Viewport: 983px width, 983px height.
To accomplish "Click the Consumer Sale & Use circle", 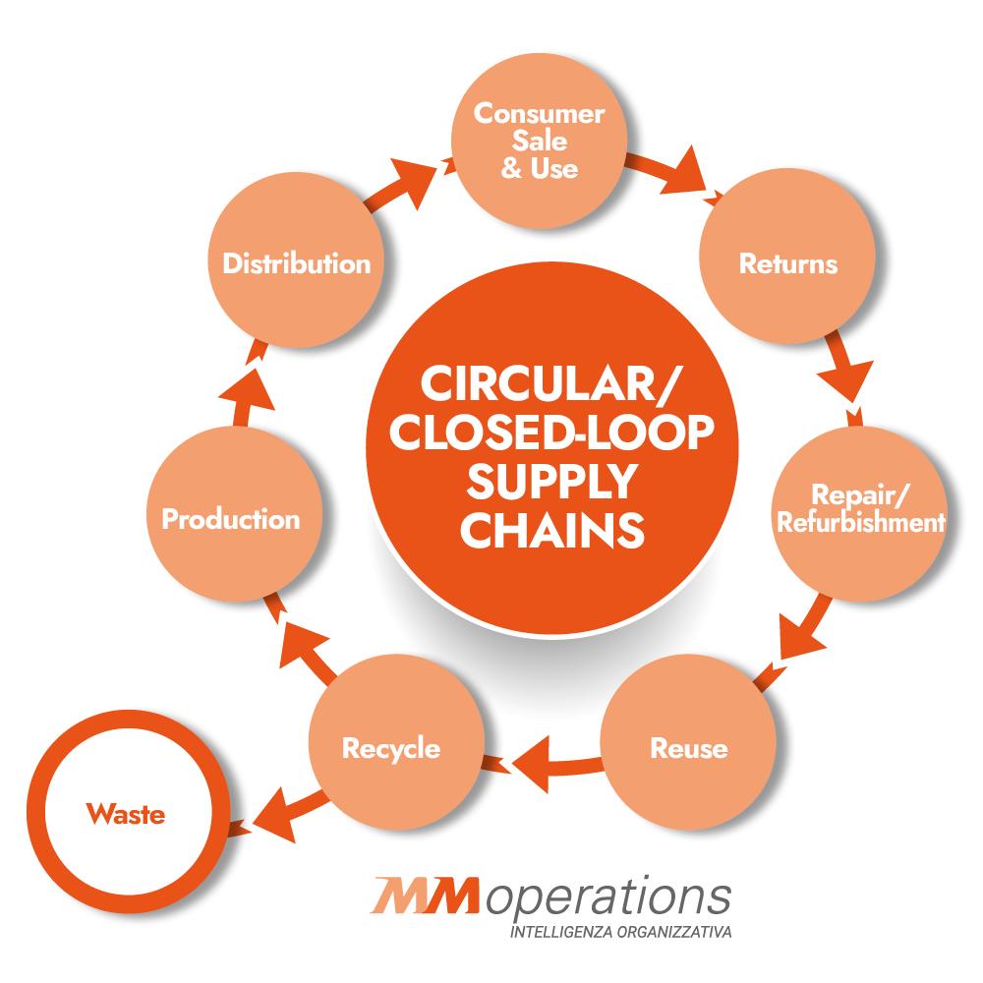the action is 539,140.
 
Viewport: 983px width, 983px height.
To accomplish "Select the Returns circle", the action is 787,256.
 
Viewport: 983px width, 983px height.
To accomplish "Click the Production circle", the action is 233,514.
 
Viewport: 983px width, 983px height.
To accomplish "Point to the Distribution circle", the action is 296,260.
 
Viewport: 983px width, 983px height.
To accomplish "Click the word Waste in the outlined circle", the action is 126,814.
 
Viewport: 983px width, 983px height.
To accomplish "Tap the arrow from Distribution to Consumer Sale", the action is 408,183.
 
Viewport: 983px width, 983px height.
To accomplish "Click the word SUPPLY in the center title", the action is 551,482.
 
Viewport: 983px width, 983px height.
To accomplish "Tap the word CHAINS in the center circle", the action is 551,531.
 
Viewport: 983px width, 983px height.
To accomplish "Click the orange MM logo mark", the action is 427,896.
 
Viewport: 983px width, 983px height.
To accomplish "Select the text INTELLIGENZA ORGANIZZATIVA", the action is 620,932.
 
